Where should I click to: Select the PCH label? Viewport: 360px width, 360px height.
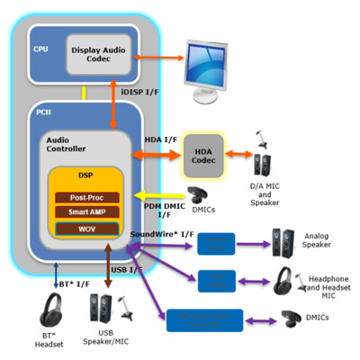(x=42, y=112)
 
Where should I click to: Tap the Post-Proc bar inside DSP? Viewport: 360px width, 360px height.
(x=88, y=196)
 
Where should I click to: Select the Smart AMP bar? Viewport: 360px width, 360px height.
(x=88, y=211)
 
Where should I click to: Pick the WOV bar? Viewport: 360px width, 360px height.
(x=88, y=228)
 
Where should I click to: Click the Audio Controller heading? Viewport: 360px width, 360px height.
(x=65, y=147)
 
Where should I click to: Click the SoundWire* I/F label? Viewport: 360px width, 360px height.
(x=163, y=235)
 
